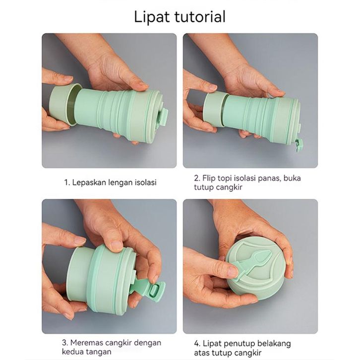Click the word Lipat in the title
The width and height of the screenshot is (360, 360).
coord(152,17)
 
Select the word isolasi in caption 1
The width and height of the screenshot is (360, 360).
coord(145,182)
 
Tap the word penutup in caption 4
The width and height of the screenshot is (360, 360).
coord(239,344)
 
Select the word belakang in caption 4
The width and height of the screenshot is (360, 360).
coord(274,344)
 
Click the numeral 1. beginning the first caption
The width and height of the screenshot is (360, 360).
coord(67,182)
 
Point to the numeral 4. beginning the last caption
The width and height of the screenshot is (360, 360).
coord(197,344)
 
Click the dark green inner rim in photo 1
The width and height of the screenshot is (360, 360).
coord(73,105)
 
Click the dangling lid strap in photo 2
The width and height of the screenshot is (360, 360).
coord(299,145)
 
